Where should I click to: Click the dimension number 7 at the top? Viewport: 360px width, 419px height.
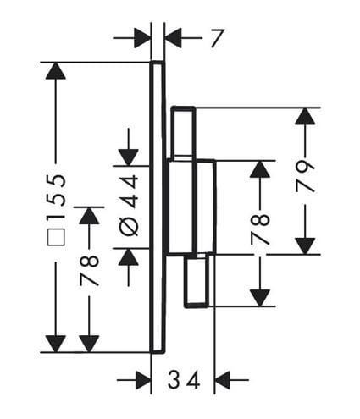[217, 38]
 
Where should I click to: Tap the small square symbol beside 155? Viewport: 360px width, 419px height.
[57, 237]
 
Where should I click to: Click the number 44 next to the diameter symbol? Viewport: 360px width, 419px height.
[130, 191]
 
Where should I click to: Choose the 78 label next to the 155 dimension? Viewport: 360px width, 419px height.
[89, 270]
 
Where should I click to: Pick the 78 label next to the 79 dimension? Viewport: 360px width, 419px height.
[260, 229]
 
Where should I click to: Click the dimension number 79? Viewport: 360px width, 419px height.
[305, 176]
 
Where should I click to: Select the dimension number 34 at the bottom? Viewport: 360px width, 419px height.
[184, 380]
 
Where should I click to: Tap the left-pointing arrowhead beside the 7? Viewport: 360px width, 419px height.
[173, 38]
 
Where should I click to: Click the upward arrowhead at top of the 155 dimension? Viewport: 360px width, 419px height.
[56, 70]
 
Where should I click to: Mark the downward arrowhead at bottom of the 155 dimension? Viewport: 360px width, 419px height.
[56, 344]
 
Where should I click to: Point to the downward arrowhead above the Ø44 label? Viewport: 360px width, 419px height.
[129, 157]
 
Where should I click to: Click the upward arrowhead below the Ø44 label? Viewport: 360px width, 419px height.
[129, 257]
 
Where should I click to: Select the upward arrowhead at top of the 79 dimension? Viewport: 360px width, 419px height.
[305, 116]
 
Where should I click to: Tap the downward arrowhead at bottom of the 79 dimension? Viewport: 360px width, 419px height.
[305, 246]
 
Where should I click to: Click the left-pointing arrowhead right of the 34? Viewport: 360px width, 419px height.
[224, 380]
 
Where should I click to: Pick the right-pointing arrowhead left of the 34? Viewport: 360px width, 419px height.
[143, 380]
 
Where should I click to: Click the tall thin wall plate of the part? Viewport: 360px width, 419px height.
[157, 207]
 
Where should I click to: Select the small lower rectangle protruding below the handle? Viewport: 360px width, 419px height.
[197, 281]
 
